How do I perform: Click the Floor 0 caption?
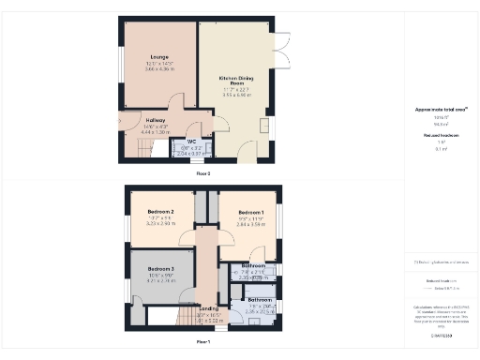203,174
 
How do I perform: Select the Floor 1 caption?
203,342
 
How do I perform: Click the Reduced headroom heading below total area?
441,135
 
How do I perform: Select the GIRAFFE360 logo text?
441,335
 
